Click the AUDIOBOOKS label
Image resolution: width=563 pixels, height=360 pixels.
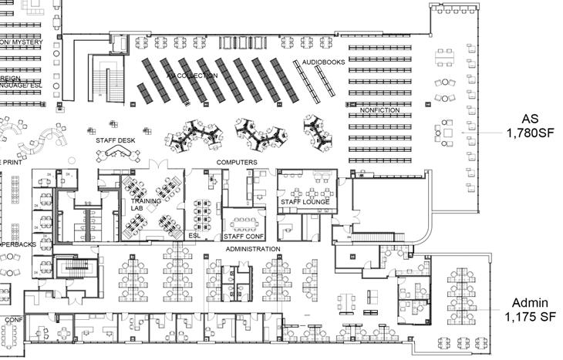click(x=322, y=61)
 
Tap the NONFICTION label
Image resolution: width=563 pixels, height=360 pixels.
click(x=380, y=110)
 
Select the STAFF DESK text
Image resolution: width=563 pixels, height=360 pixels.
click(x=116, y=141)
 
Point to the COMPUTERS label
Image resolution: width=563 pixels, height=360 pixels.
click(x=237, y=163)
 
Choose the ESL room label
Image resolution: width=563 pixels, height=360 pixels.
click(x=196, y=236)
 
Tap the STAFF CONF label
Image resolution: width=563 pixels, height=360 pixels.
click(x=244, y=236)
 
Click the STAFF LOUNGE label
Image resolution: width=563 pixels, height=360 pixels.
click(x=305, y=202)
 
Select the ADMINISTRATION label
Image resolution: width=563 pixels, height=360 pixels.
click(x=252, y=250)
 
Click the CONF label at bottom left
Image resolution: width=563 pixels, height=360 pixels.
click(x=15, y=319)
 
